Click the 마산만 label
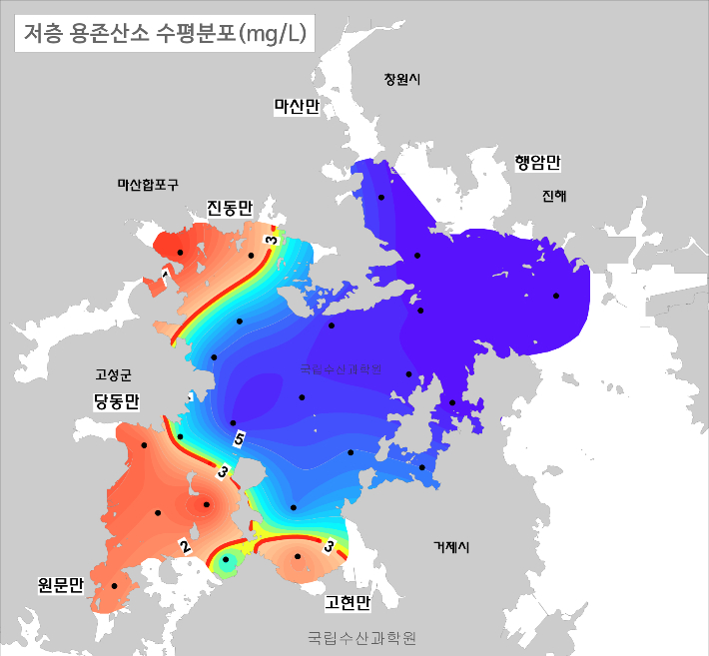click(296, 107)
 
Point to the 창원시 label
click(402, 79)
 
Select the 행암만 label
click(538, 162)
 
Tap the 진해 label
click(554, 197)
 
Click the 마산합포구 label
click(148, 184)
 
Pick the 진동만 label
click(230, 207)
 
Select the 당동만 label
click(116, 400)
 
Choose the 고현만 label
click(347, 603)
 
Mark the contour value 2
click(185, 545)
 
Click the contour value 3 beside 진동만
click(271, 241)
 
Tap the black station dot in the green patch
click(226, 560)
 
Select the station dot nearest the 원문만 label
click(114, 586)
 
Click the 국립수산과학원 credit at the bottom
click(361, 636)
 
